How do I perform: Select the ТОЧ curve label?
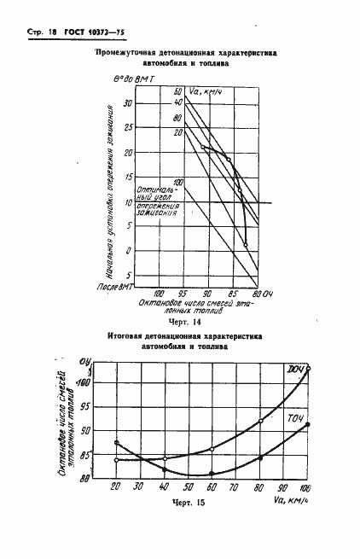[296, 417]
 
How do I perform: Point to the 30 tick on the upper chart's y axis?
[128, 103]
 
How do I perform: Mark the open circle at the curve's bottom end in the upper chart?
[246, 245]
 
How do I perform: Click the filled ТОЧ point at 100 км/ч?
[308, 423]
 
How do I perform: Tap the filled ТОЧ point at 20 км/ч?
[115, 442]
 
